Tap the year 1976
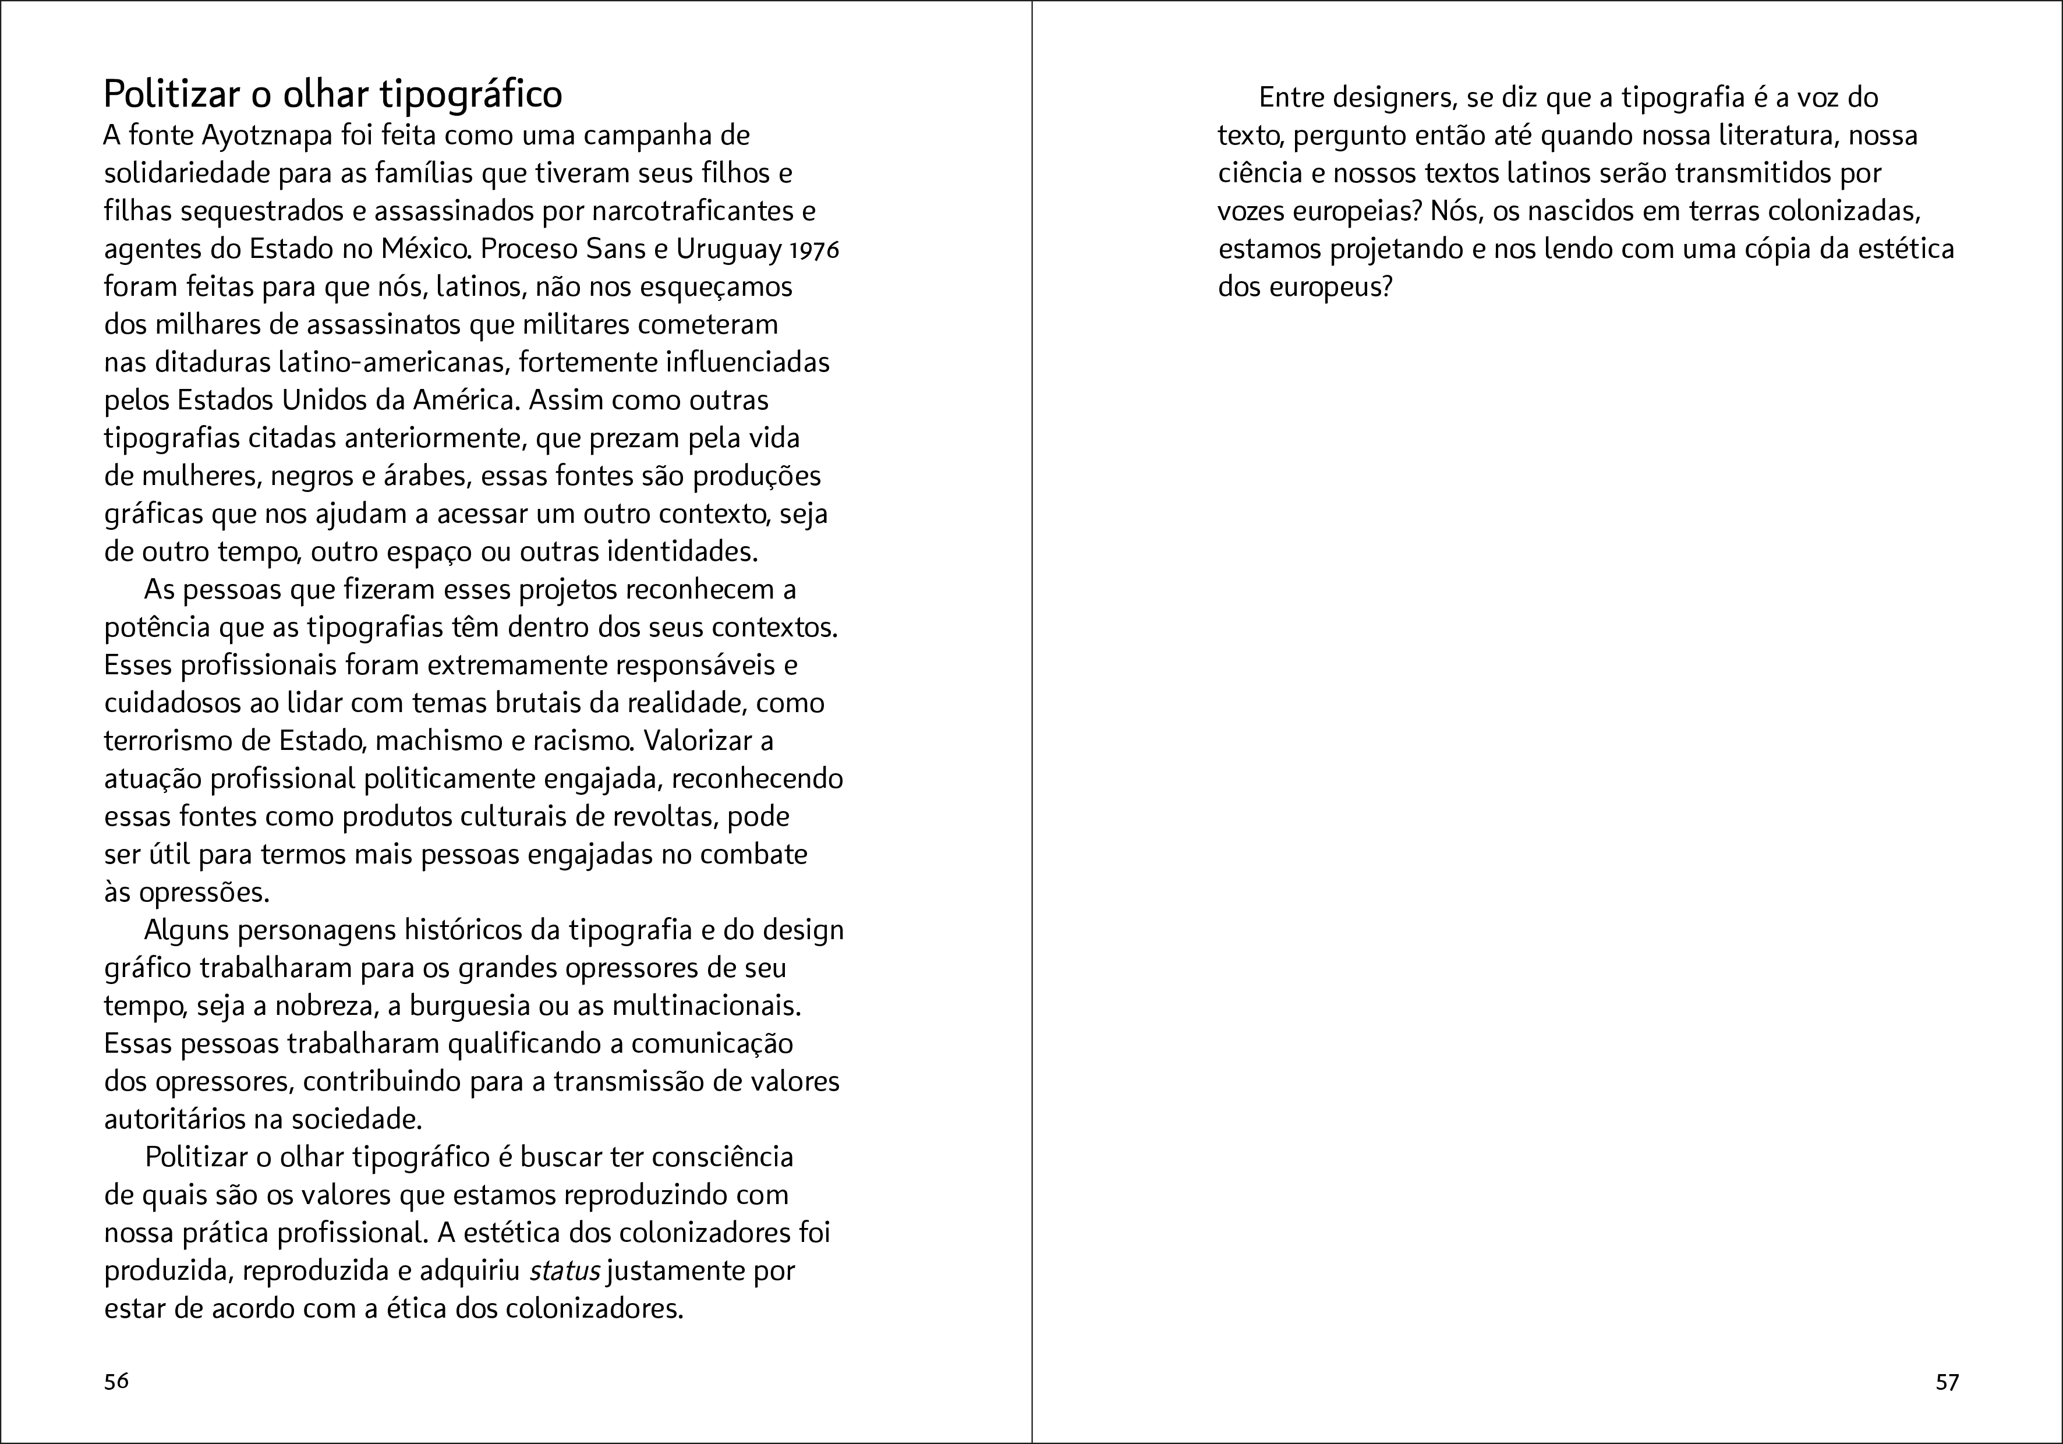click(x=814, y=250)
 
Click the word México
click(x=422, y=249)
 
